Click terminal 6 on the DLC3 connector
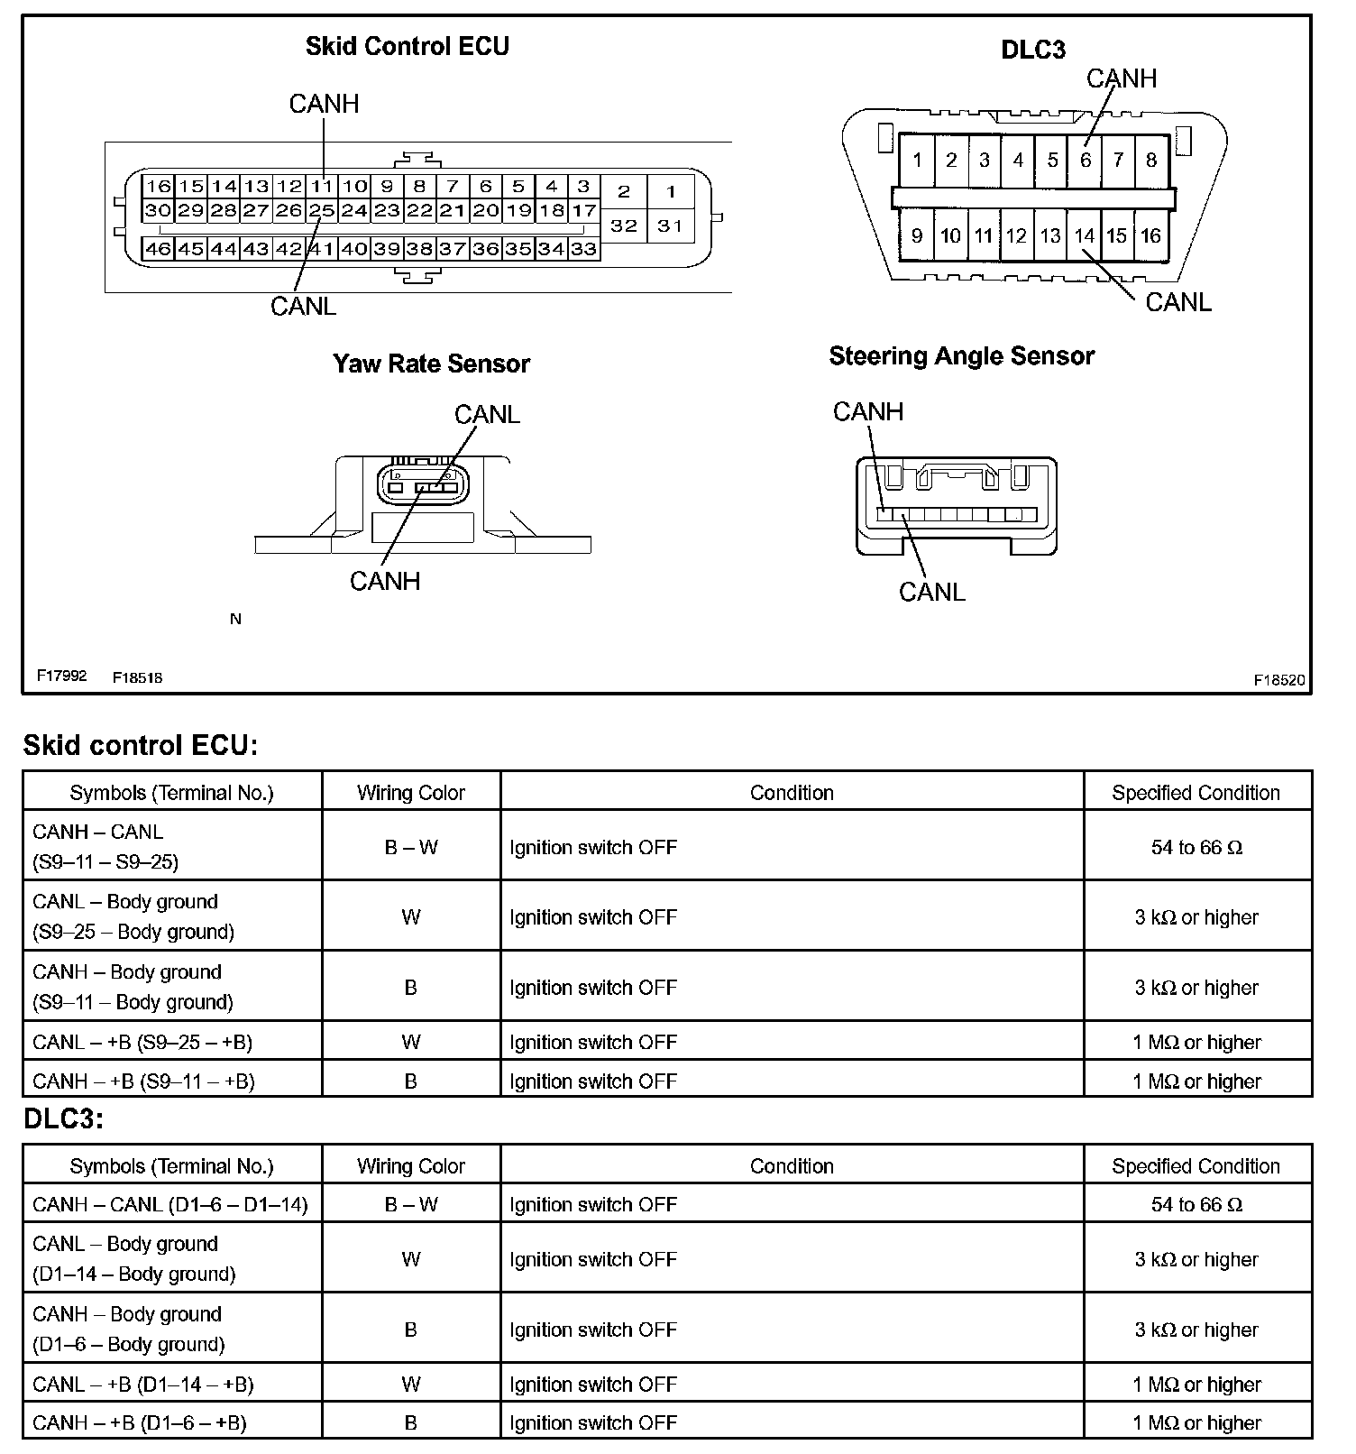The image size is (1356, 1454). point(1085,161)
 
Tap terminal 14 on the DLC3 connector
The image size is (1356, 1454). point(1084,235)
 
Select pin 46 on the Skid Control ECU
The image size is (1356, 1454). point(158,248)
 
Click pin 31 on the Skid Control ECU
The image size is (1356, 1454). point(670,225)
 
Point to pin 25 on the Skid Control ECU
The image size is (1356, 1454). point(322,211)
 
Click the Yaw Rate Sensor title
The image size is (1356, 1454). point(431,363)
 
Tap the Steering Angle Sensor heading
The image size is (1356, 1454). point(961,356)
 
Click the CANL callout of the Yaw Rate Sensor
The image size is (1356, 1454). point(487,414)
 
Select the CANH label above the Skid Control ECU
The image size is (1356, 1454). point(324,105)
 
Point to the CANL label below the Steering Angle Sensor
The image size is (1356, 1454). point(931,592)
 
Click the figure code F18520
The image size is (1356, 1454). point(1278,680)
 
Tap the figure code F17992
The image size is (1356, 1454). point(61,676)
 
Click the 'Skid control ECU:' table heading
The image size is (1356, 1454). point(141,745)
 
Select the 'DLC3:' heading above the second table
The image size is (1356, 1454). point(64,1118)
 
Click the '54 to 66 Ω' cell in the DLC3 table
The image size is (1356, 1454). point(1196,1204)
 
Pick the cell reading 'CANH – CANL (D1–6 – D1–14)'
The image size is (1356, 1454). point(170,1204)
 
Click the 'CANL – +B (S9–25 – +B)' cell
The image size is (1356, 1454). point(142,1042)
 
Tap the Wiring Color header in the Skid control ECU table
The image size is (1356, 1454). point(410,793)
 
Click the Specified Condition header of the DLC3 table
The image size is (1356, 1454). point(1196,1166)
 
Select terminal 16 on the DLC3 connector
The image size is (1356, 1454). point(1150,235)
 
